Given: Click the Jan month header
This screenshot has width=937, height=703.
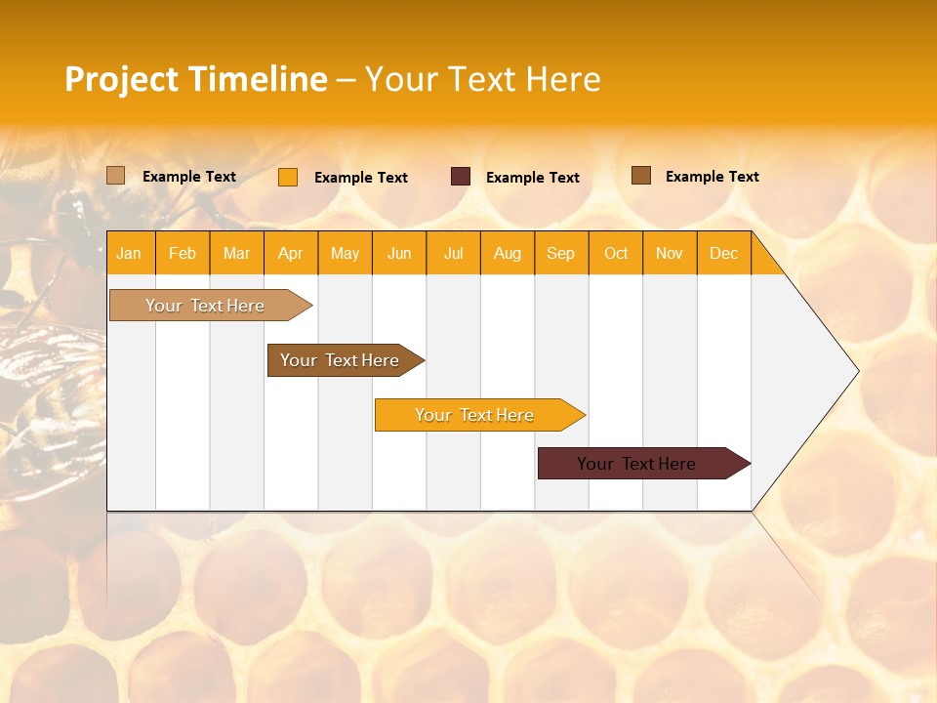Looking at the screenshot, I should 129,253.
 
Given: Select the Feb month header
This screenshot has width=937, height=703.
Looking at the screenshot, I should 183,253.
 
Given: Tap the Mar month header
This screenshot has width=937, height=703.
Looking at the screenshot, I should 236,253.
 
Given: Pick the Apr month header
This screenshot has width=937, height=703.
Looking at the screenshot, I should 291,253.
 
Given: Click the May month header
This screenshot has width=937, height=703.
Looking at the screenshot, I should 345,253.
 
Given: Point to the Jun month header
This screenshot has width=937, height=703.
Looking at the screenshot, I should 399,253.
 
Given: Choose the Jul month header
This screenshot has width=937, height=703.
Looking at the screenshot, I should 453,253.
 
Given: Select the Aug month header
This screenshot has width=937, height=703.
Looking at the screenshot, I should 508,253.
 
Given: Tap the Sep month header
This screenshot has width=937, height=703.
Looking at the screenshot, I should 561,253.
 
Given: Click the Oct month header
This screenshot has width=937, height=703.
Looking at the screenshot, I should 616,253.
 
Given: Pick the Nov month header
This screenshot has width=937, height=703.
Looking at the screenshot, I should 670,253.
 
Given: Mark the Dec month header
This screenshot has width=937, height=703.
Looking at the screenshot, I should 723,253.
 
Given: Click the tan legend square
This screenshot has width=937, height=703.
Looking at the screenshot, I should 116,176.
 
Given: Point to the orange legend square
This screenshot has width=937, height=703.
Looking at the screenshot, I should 288,177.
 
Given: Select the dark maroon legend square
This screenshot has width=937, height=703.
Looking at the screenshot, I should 461,177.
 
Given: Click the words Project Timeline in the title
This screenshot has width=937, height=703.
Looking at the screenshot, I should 196,79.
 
